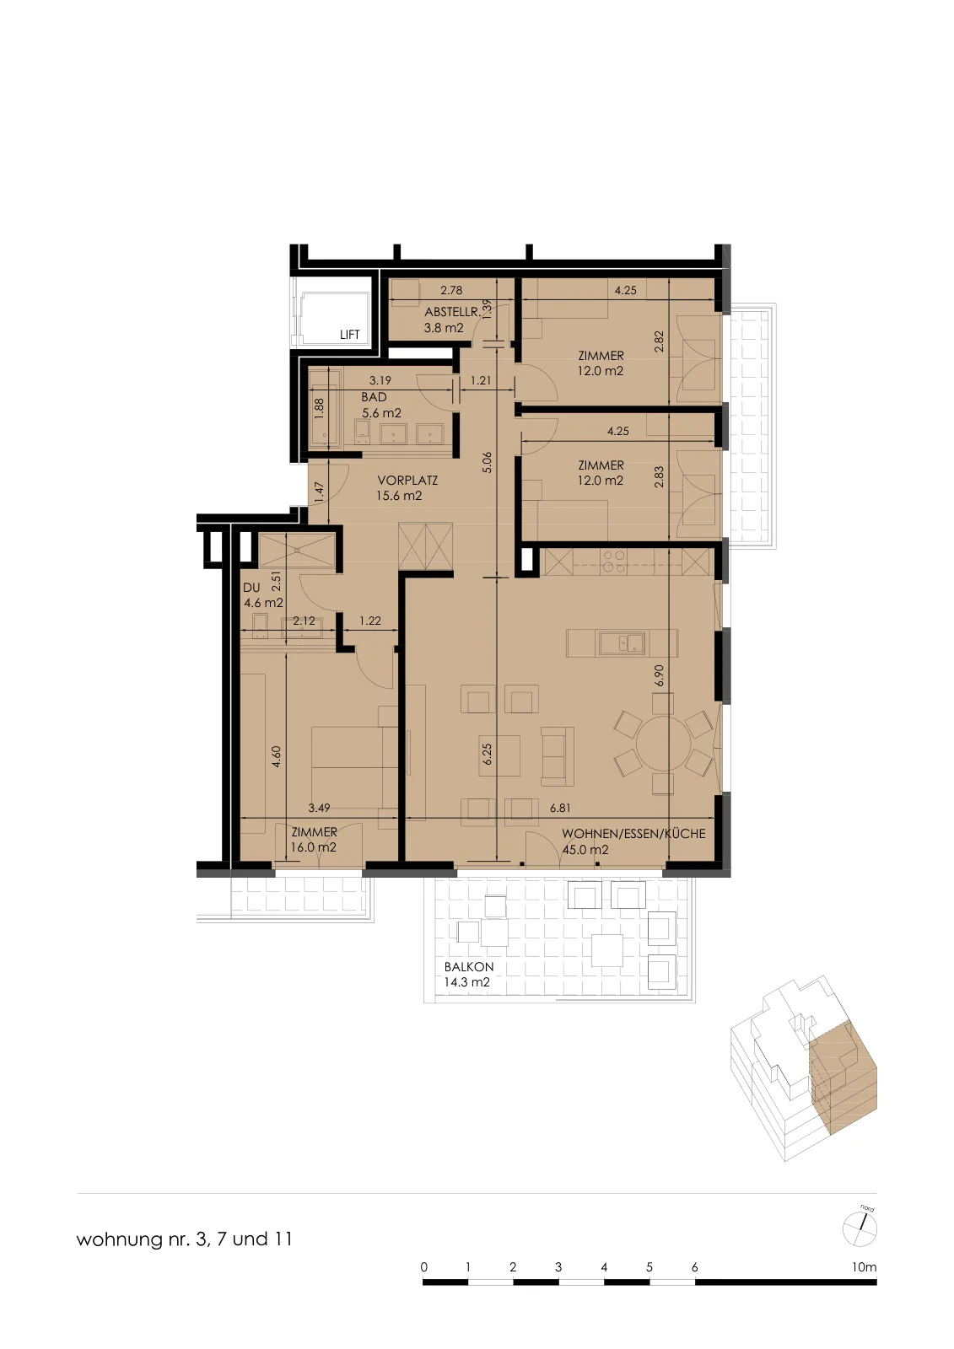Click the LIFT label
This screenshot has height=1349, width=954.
click(x=349, y=335)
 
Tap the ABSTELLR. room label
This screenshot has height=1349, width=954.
click(x=453, y=313)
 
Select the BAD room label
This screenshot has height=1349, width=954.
click(x=374, y=397)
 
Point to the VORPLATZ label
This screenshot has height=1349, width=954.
click(x=407, y=481)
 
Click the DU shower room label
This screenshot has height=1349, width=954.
click(x=251, y=587)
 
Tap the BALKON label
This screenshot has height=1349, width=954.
click(x=469, y=967)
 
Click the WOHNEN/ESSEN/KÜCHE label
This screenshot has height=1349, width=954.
click(x=633, y=834)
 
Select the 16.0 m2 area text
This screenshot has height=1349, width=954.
click(x=314, y=848)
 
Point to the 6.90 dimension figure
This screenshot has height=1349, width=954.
click(x=660, y=675)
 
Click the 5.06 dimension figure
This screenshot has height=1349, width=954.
click(x=487, y=462)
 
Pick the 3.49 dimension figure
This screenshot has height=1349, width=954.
click(x=319, y=809)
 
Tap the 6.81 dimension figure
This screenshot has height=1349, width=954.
click(x=560, y=809)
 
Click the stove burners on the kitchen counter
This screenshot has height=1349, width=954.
click(x=615, y=562)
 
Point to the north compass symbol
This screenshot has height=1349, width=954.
click(x=860, y=1229)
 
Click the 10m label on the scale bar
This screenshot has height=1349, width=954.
click(x=865, y=1267)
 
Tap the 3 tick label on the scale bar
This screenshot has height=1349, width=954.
click(x=558, y=1267)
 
